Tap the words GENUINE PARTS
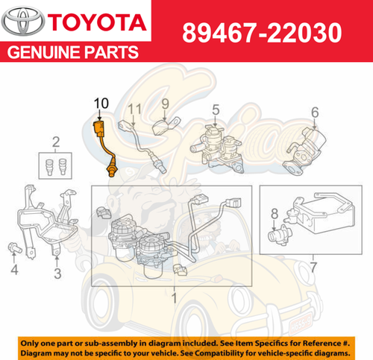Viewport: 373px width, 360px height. click(72, 54)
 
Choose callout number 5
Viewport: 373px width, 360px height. click(215, 110)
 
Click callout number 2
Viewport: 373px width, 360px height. click(55, 142)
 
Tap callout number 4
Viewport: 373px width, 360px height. click(13, 269)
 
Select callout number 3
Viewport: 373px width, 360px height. click(56, 274)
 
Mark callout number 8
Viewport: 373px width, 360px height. click(275, 215)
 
